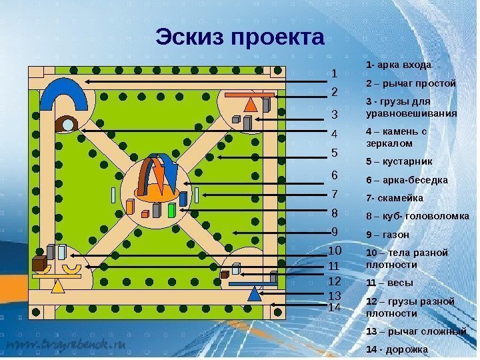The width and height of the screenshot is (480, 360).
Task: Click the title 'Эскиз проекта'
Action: click(x=240, y=38)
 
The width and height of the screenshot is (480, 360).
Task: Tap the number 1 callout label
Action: click(x=335, y=73)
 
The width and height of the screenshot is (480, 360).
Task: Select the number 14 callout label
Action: click(x=335, y=308)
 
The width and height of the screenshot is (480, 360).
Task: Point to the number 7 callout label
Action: click(x=335, y=195)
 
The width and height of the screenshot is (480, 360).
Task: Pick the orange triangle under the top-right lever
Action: click(x=251, y=105)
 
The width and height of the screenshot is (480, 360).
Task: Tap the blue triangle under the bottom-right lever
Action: click(x=253, y=293)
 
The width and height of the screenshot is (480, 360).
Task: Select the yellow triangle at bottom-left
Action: click(x=59, y=286)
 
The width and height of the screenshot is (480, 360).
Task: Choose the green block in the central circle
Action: click(x=172, y=211)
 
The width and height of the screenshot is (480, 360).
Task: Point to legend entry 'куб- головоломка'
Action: click(x=421, y=217)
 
